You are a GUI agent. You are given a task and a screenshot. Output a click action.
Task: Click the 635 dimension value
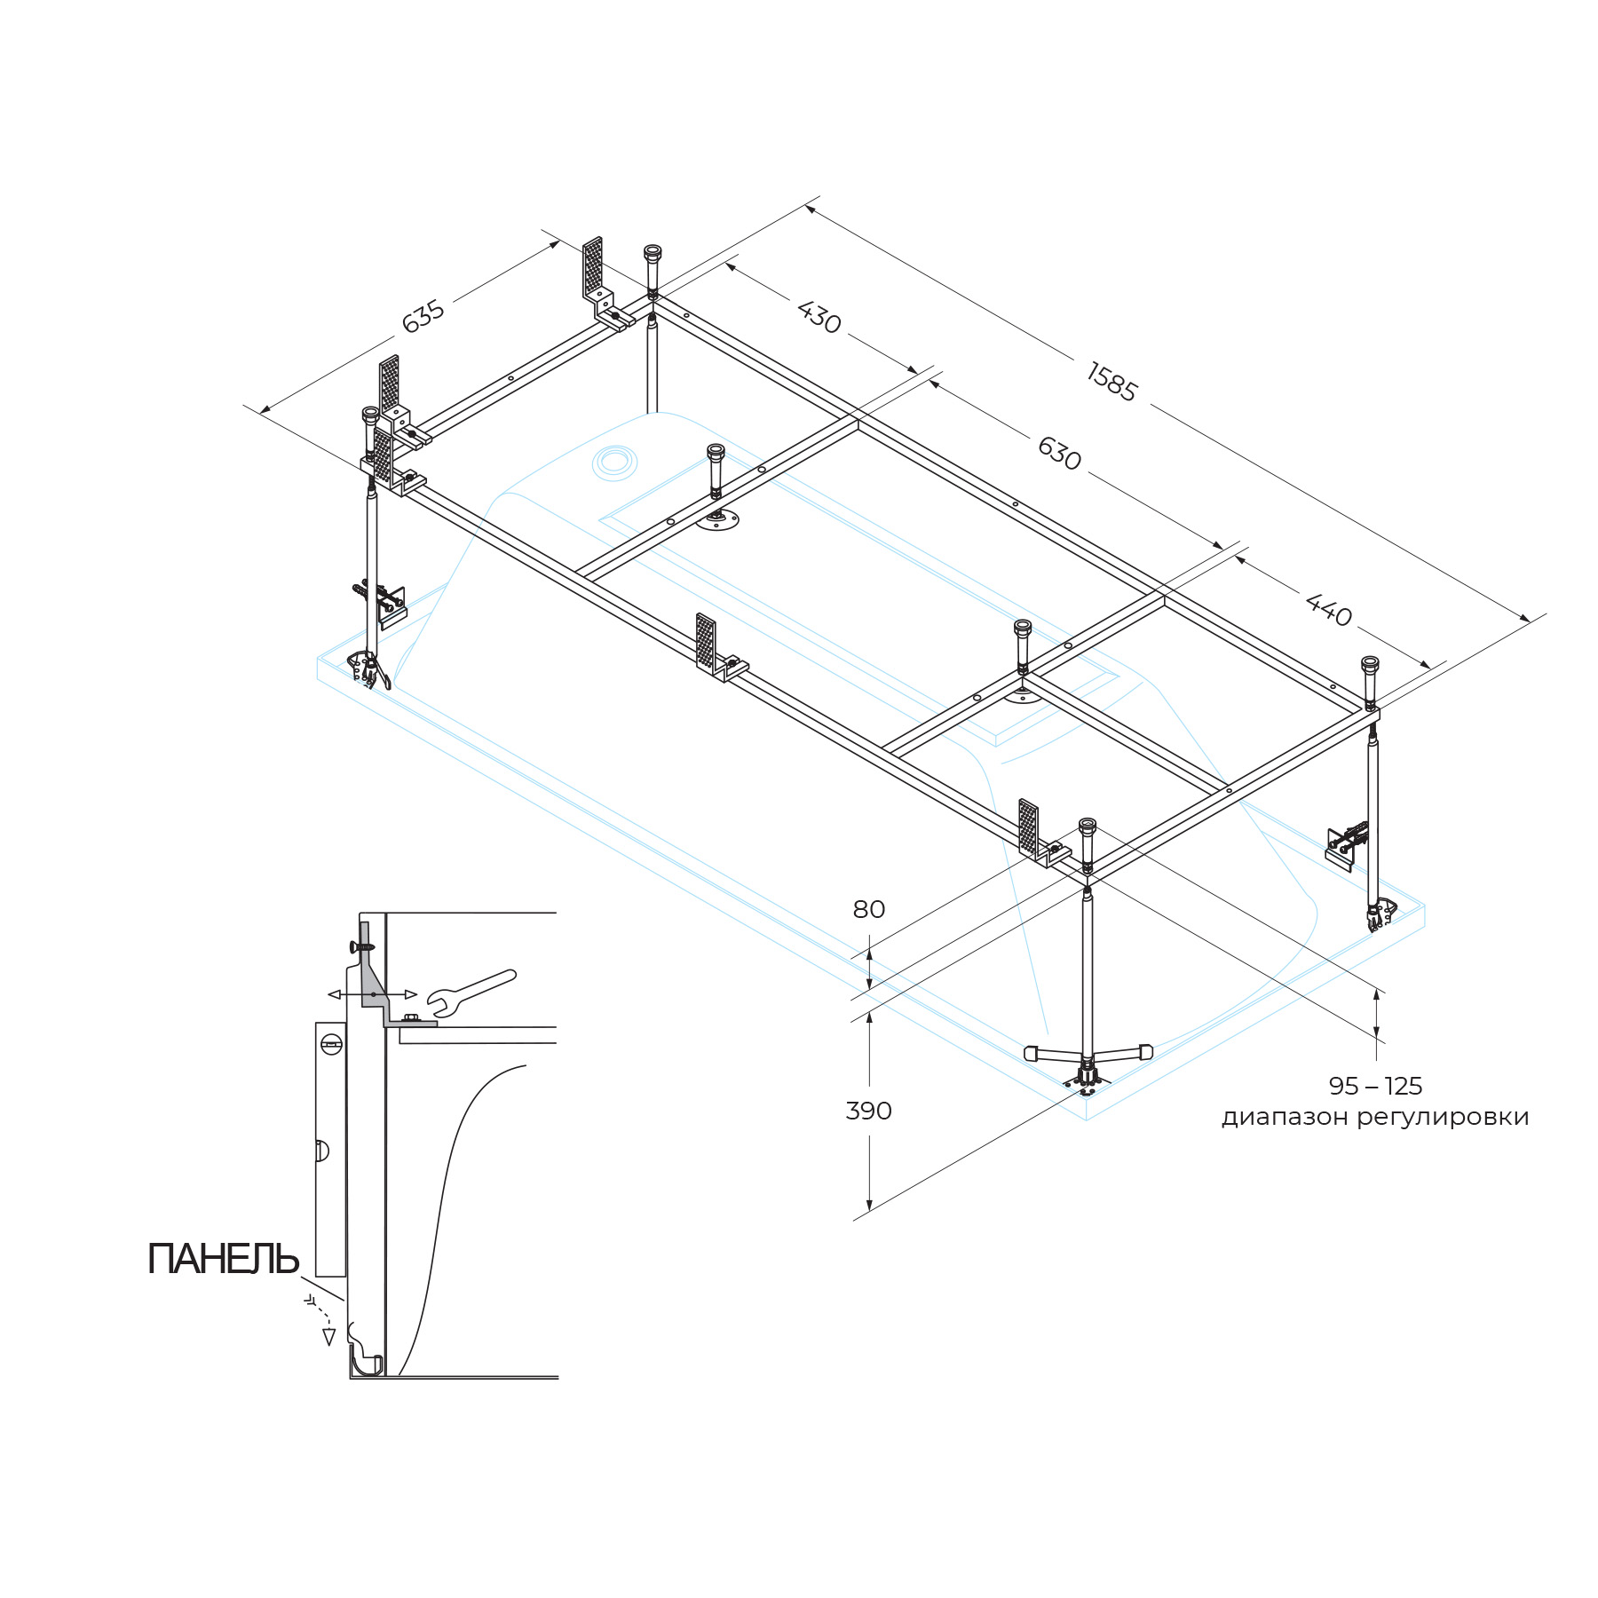tap(423, 317)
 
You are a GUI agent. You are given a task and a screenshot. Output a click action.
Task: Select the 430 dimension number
tap(819, 317)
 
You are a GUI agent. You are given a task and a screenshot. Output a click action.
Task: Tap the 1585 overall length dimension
tap(1111, 382)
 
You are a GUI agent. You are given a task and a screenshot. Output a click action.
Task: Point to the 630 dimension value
tap(1059, 453)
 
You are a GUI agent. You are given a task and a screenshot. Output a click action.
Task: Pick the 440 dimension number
tap(1329, 610)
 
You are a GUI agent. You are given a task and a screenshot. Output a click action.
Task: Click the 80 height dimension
tap(868, 909)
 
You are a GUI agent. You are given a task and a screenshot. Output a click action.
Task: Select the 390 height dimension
tap(868, 1111)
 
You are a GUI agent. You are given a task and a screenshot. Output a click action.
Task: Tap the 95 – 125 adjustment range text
tap(1375, 1086)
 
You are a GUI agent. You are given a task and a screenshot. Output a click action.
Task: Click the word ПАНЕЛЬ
tap(223, 1259)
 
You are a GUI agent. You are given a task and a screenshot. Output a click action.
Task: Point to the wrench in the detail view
tap(471, 990)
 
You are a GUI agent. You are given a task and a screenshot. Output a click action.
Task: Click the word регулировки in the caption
tap(1443, 1117)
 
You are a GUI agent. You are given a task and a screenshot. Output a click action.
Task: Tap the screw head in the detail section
tap(364, 946)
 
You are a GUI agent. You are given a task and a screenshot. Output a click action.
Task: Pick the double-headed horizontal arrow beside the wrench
tap(373, 994)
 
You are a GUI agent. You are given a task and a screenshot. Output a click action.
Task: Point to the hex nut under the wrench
tap(410, 1018)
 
